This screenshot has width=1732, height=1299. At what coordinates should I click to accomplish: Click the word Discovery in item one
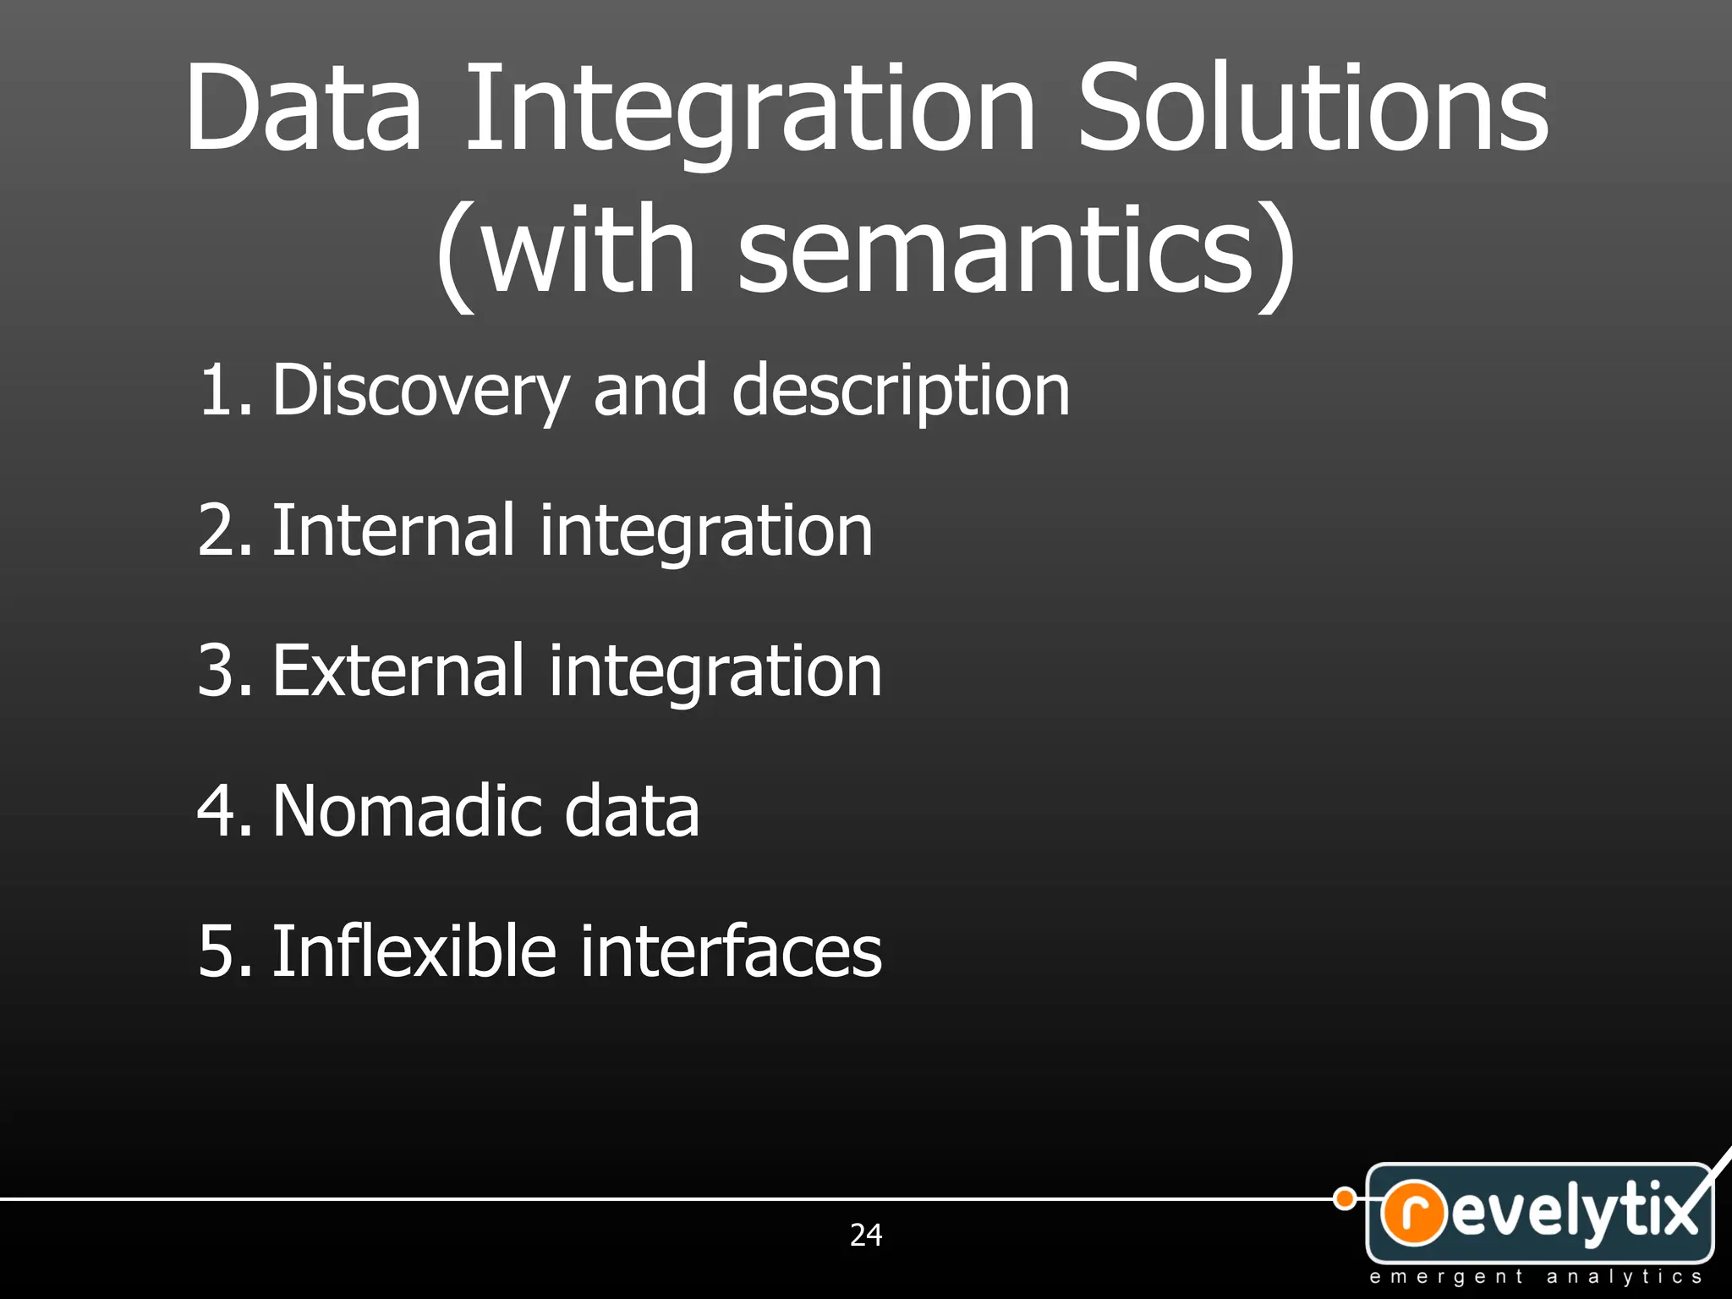pos(420,391)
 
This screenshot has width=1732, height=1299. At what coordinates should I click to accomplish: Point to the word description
pos(901,391)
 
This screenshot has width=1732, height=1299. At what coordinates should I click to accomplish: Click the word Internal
pos(392,530)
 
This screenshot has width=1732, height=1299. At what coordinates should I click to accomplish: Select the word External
pos(397,671)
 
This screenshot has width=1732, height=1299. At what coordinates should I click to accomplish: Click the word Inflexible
pos(414,951)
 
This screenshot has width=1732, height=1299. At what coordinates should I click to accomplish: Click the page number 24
pos(866,1235)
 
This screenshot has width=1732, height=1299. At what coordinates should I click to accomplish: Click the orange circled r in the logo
pos(1413,1213)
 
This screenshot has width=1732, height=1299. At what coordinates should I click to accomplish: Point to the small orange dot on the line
pos(1344,1198)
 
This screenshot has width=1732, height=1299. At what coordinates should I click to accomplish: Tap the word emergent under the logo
pos(1445,1277)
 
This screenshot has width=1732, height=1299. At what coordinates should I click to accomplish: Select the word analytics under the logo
pos(1624,1277)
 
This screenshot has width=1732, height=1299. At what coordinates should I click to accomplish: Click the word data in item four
pos(631,811)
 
